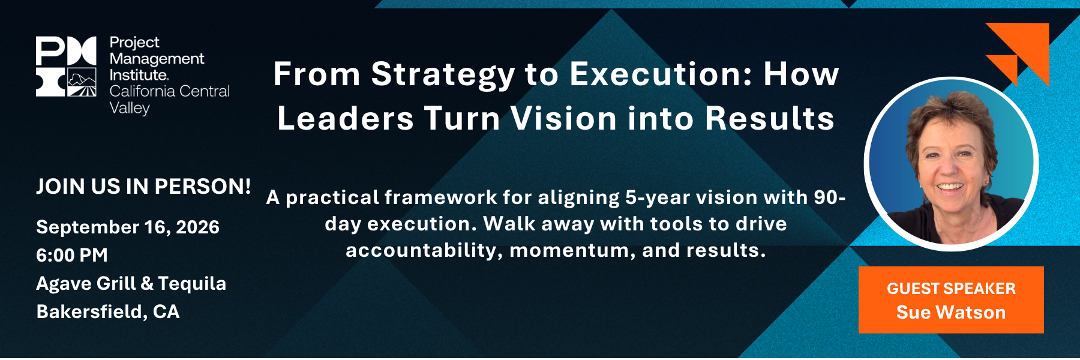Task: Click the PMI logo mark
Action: coord(66,67)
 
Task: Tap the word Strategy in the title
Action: coord(443,76)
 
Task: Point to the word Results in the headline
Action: coord(770,118)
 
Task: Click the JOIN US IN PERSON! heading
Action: coord(143,187)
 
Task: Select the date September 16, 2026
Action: coord(128,227)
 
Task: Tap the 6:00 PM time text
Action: coord(72,255)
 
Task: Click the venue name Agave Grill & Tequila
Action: coord(131,283)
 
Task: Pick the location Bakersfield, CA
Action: coord(108,312)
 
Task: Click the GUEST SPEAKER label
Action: coord(952,289)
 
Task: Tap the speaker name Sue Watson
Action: coord(951,313)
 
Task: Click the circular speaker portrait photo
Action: coord(951,163)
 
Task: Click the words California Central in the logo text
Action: coord(170,91)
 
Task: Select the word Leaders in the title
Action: coord(346,118)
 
